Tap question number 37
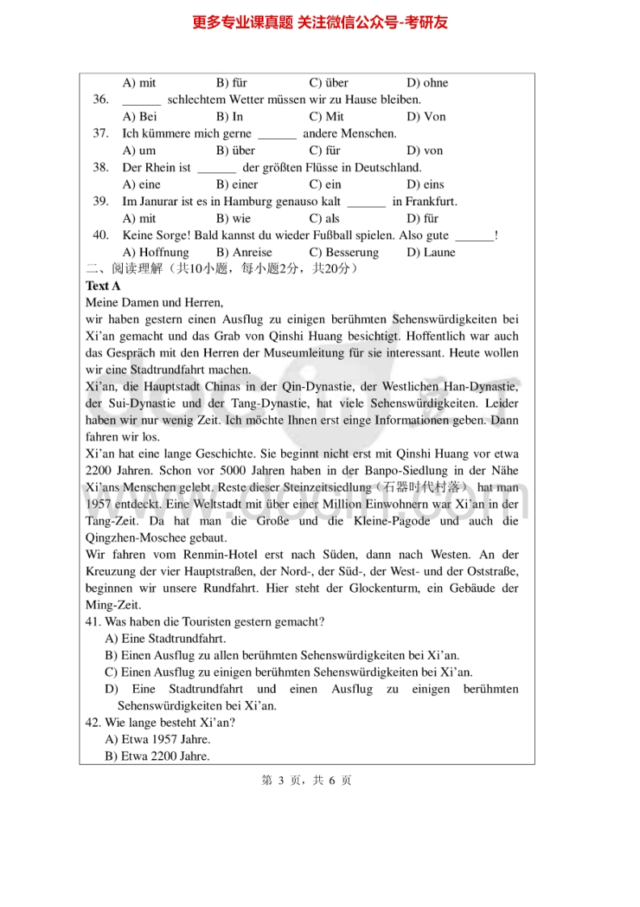click(100, 133)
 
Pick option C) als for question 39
click(325, 218)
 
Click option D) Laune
click(431, 252)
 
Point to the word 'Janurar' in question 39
click(159, 201)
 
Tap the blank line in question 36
click(141, 100)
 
